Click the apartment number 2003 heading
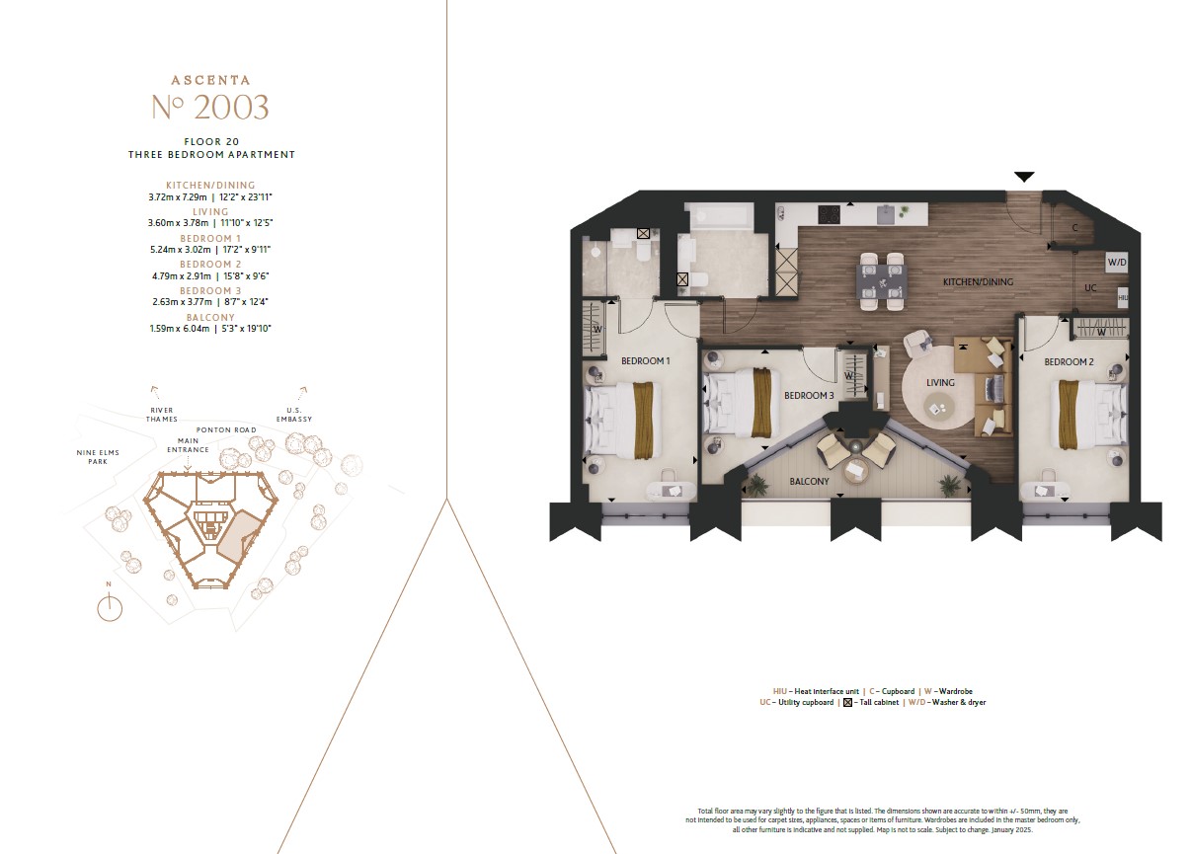pos(210,106)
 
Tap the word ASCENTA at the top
pos(210,80)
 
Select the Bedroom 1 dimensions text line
pos(210,250)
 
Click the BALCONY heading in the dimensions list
pos(210,317)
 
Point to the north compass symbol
pos(110,607)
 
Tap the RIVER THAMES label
pos(162,415)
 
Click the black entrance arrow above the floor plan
pos(1024,177)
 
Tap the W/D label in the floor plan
pos(1116,263)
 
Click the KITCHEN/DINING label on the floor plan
pos(978,282)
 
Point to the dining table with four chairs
pos(880,282)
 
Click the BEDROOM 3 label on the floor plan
pos(809,396)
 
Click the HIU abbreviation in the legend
pos(781,691)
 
